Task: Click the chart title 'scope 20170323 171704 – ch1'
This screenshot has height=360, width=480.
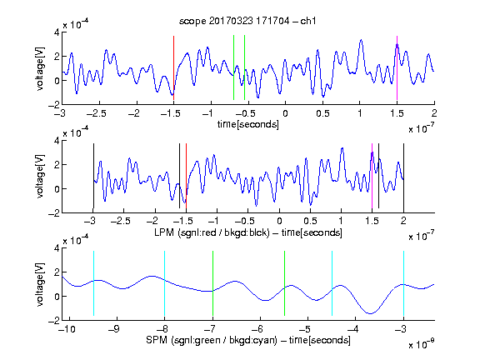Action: (247, 21)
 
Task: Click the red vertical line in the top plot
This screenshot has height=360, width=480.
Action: (173, 67)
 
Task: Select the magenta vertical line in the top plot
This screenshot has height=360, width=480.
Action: (397, 67)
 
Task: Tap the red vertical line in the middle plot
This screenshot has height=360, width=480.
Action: (186, 176)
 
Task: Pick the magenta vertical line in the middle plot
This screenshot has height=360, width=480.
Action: (372, 176)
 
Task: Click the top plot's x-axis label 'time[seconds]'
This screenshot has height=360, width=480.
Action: (248, 124)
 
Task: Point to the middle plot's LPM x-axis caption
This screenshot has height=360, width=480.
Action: (248, 232)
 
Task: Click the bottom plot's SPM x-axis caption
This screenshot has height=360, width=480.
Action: (248, 340)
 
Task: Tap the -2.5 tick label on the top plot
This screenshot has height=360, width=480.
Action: (96, 113)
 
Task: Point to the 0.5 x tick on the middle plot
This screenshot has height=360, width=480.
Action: (310, 222)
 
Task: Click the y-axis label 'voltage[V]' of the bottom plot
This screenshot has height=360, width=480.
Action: (40, 284)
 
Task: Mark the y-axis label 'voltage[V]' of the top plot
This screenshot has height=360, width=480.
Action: (40, 68)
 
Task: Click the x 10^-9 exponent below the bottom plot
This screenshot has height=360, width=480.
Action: (422, 344)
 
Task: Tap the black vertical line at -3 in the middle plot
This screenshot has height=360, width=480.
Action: (93, 176)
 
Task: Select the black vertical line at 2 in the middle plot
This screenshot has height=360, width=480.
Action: (404, 176)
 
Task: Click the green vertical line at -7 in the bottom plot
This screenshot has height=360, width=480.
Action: (212, 283)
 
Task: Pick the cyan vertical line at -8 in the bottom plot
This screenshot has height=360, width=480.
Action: (165, 283)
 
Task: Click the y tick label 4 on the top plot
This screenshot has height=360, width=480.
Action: (57, 32)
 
